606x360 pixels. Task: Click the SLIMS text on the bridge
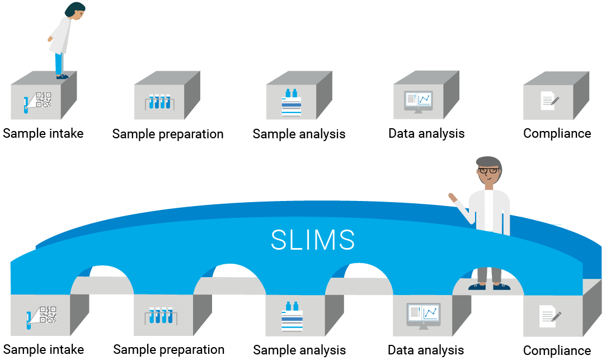[313, 240]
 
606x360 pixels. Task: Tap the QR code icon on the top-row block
[43, 100]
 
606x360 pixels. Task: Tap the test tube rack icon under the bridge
[160, 316]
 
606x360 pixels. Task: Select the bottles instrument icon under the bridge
[292, 316]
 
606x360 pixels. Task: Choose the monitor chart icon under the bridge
[423, 315]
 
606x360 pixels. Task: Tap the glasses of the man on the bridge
[488, 170]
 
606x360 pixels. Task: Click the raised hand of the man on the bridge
[452, 197]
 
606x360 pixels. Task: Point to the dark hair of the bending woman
[74, 7]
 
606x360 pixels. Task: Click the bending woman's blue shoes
[62, 76]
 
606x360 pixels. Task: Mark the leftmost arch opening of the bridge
[102, 280]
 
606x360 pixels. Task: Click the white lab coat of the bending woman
[60, 36]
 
